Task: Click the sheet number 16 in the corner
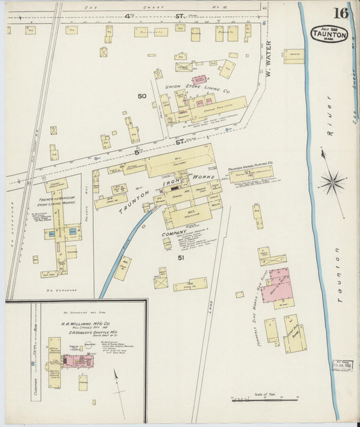(x=340, y=13)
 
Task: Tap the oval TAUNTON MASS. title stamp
(x=330, y=34)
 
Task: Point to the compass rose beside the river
(x=332, y=180)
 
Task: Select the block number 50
(x=142, y=96)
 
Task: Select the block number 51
(x=181, y=257)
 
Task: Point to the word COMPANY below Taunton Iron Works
(x=174, y=234)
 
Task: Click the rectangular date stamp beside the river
(x=342, y=365)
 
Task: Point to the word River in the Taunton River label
(x=330, y=107)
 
